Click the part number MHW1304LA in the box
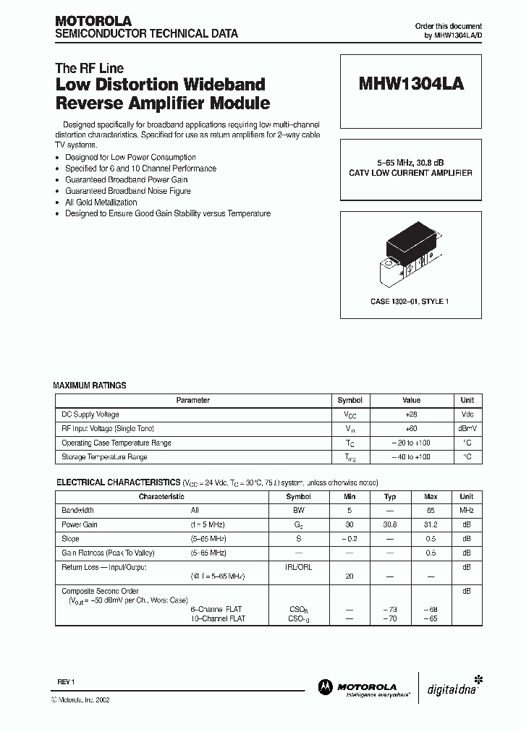point(411,84)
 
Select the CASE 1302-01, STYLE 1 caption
point(411,301)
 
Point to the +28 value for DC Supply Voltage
point(411,414)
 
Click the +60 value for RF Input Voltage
point(411,429)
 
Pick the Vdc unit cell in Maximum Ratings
point(467,414)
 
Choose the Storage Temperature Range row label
point(105,457)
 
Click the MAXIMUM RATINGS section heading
point(90,386)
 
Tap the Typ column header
point(390,497)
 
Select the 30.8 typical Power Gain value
point(390,524)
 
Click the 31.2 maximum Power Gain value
point(431,524)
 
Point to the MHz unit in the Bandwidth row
point(467,511)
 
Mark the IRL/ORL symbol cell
point(299,567)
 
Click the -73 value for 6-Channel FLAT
point(390,610)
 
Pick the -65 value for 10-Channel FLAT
point(431,619)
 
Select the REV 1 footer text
point(66,682)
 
